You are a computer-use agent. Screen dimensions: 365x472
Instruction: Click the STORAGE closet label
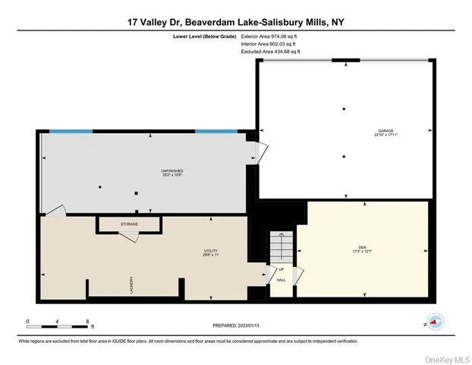(x=130, y=225)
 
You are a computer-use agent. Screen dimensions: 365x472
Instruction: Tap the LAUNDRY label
(x=131, y=283)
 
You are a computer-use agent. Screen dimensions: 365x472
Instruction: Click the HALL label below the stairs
(x=280, y=281)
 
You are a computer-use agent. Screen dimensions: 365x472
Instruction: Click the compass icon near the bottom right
(x=433, y=322)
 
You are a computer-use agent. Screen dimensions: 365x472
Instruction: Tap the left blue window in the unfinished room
(x=68, y=132)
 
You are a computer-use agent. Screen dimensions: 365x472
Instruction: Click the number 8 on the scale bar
(x=88, y=321)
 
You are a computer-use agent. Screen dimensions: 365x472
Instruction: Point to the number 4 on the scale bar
(x=58, y=321)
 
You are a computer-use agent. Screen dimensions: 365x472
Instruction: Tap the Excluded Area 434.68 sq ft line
(x=266, y=52)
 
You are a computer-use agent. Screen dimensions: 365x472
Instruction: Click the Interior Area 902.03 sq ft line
(x=265, y=43)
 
